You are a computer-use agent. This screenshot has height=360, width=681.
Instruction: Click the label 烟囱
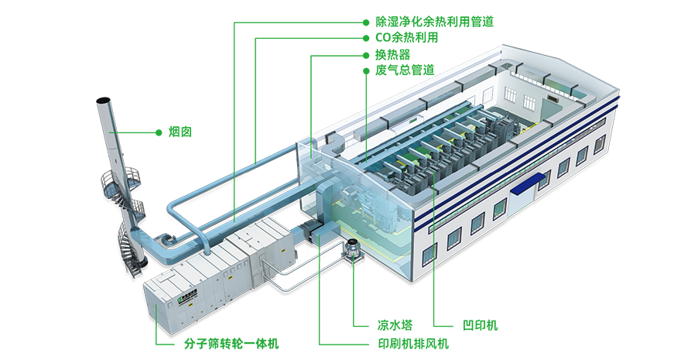[x=180, y=132]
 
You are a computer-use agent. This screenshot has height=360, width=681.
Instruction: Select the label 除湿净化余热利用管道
[x=434, y=22]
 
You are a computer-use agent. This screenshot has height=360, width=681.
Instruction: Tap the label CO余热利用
[x=406, y=38]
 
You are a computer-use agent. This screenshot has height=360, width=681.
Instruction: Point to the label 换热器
[x=392, y=55]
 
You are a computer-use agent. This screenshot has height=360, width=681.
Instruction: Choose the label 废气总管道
[x=405, y=70]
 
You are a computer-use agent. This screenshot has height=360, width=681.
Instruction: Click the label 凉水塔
[x=395, y=325]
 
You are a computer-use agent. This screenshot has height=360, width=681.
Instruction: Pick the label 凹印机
[x=480, y=325]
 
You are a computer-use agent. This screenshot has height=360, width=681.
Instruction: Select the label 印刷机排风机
[x=413, y=344]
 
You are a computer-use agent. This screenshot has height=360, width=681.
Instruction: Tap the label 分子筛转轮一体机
[x=231, y=344]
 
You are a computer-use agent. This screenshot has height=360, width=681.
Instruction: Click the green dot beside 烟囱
[x=159, y=132]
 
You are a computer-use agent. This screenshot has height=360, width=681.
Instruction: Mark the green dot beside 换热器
[x=366, y=55]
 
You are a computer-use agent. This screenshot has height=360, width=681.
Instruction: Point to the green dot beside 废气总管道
[x=366, y=70]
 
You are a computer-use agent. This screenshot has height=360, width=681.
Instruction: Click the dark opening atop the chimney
[x=102, y=101]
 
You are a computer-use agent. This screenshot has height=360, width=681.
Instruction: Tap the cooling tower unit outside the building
[x=353, y=251]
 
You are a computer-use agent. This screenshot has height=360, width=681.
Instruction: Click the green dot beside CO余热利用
[x=366, y=38]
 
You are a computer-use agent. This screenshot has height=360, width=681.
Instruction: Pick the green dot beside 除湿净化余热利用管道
[x=366, y=22]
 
